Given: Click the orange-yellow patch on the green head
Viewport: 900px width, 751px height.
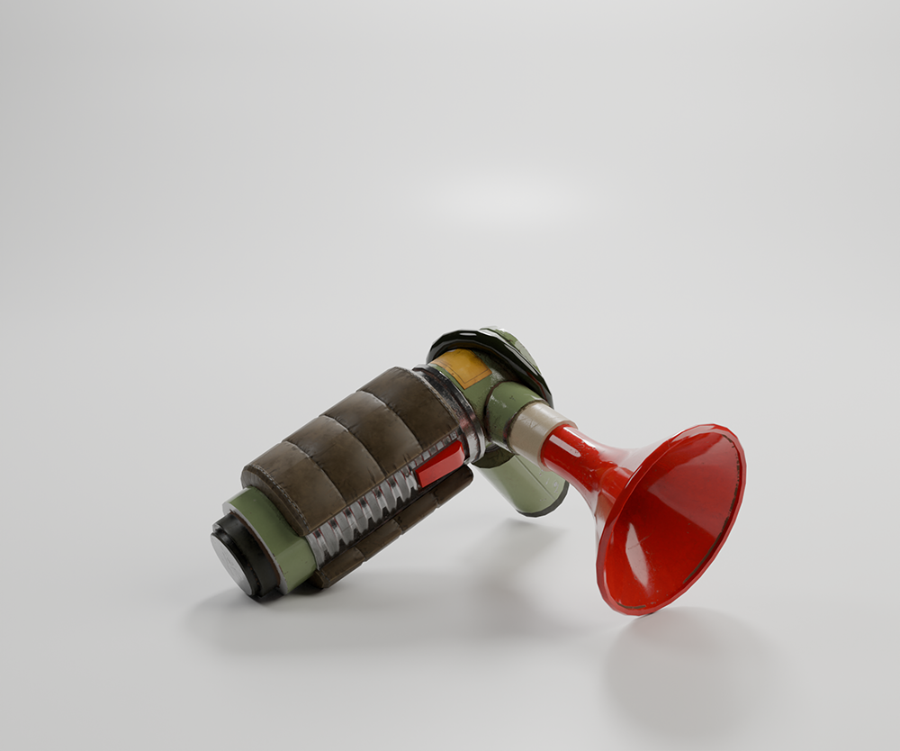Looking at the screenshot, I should pyautogui.click(x=462, y=367).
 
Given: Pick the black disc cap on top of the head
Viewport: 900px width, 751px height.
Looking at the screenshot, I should pyautogui.click(x=490, y=340).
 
